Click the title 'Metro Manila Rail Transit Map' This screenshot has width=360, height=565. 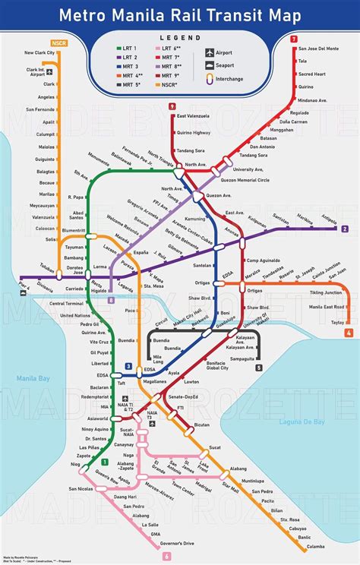tap(180, 14)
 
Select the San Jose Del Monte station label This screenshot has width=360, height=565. tap(319, 49)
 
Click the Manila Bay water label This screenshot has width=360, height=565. tap(33, 377)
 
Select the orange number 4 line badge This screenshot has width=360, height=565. tap(349, 333)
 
